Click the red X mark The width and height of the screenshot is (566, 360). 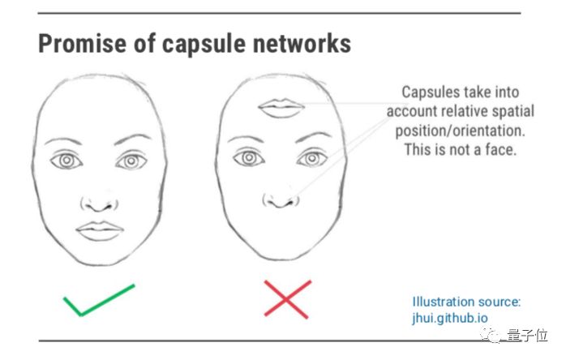click(287, 298)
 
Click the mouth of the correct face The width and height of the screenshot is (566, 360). click(99, 230)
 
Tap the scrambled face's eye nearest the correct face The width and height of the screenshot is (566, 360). click(247, 157)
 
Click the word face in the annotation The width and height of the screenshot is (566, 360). click(500, 150)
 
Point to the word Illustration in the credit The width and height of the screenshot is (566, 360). click(444, 301)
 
